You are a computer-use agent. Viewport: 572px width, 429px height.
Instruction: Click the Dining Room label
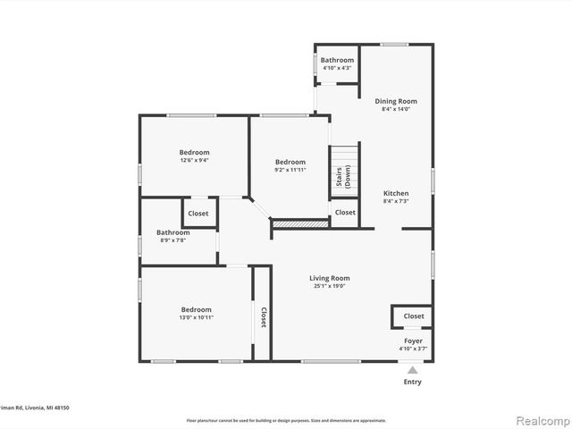pos(396,101)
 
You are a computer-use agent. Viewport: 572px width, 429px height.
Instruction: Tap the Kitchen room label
pos(396,193)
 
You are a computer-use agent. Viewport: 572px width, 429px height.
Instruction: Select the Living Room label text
pos(330,278)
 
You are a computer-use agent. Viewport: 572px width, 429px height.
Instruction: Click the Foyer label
pos(412,341)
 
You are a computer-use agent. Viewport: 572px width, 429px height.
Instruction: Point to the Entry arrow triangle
pos(412,369)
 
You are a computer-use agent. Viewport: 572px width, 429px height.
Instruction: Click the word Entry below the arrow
pos(412,382)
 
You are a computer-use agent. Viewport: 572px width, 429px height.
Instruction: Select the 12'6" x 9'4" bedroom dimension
pos(195,161)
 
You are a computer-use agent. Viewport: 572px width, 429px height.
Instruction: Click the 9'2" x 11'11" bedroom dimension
pos(290,170)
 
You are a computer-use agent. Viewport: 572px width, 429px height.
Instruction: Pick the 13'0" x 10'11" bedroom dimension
pos(196,317)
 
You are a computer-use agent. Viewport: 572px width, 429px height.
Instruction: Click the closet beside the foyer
pos(413,316)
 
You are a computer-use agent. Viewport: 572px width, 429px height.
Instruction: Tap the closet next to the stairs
pos(345,213)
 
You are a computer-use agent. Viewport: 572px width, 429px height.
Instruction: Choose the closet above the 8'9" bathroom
pos(198,214)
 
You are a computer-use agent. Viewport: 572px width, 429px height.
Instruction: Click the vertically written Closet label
pos(263,317)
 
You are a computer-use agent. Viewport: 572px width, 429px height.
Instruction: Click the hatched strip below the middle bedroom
pos(300,223)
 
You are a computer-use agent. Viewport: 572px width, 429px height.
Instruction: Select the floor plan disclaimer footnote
pos(286,420)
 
